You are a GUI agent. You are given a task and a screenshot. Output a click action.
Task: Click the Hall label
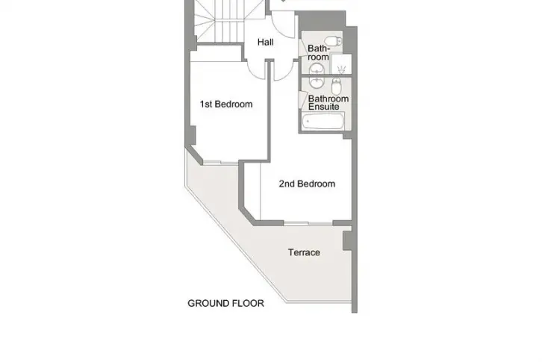pyautogui.click(x=266, y=43)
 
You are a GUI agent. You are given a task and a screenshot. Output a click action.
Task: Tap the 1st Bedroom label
pyautogui.click(x=226, y=104)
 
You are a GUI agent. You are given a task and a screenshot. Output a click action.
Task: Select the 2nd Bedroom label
pyautogui.click(x=307, y=184)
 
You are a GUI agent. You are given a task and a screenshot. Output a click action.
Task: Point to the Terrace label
pyautogui.click(x=304, y=252)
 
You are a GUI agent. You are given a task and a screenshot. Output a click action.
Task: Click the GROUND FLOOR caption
pyautogui.click(x=225, y=303)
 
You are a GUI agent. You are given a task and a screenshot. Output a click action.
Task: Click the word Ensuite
pyautogui.click(x=323, y=107)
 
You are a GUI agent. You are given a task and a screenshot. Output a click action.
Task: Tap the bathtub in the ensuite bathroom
pyautogui.click(x=323, y=121)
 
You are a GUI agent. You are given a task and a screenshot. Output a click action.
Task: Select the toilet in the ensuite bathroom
pyautogui.click(x=337, y=86)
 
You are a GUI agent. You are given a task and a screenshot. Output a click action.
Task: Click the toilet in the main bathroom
pyautogui.click(x=334, y=41)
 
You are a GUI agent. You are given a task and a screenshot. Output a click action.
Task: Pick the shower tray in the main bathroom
pyautogui.click(x=341, y=64)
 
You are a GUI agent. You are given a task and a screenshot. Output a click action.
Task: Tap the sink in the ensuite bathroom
pyautogui.click(x=317, y=82)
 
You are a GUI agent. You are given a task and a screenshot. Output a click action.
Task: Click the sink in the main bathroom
pyautogui.click(x=317, y=69)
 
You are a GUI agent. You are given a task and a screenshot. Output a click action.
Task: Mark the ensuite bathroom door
pyautogui.click(x=303, y=99)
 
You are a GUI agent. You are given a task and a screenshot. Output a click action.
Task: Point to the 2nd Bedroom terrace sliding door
pyautogui.click(x=308, y=224)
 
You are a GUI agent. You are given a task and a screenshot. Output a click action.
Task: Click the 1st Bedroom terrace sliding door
pyautogui.click(x=220, y=163)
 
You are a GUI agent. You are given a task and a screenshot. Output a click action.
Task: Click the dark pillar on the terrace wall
pyautogui.click(x=347, y=240)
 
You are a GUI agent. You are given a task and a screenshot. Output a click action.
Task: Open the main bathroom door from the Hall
pyautogui.click(x=302, y=47)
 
